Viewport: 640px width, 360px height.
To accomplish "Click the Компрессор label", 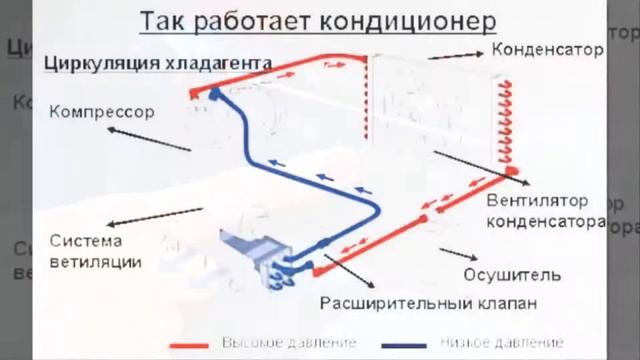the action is [101, 112].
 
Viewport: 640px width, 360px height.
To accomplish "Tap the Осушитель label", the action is [511, 274].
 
